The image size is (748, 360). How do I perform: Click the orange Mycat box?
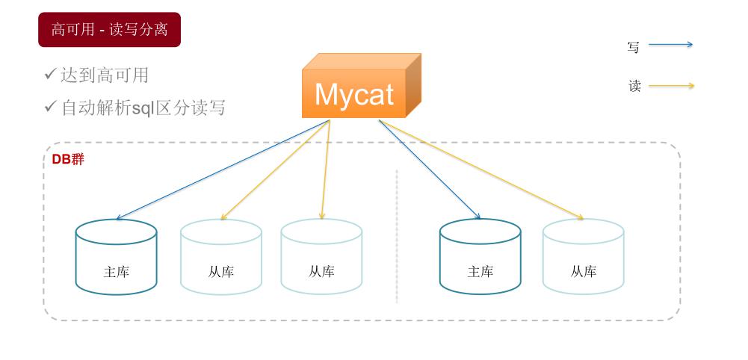pos(354,94)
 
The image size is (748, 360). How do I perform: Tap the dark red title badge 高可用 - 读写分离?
pos(109,30)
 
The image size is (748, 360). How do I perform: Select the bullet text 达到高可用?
pos(105,75)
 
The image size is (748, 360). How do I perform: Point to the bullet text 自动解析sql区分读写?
pos(143,108)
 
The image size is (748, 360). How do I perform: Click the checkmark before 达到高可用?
pos(50,74)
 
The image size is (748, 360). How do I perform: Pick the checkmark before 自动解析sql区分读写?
pos(50,107)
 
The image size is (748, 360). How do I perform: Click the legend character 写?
pos(634,47)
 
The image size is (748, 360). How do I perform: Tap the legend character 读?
pos(634,87)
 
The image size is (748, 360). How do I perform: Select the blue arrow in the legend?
pos(670,45)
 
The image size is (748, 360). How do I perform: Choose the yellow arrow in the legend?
pos(670,86)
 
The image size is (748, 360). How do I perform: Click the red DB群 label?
pos(68,159)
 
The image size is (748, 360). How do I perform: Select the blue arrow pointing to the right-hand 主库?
pos(429,169)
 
